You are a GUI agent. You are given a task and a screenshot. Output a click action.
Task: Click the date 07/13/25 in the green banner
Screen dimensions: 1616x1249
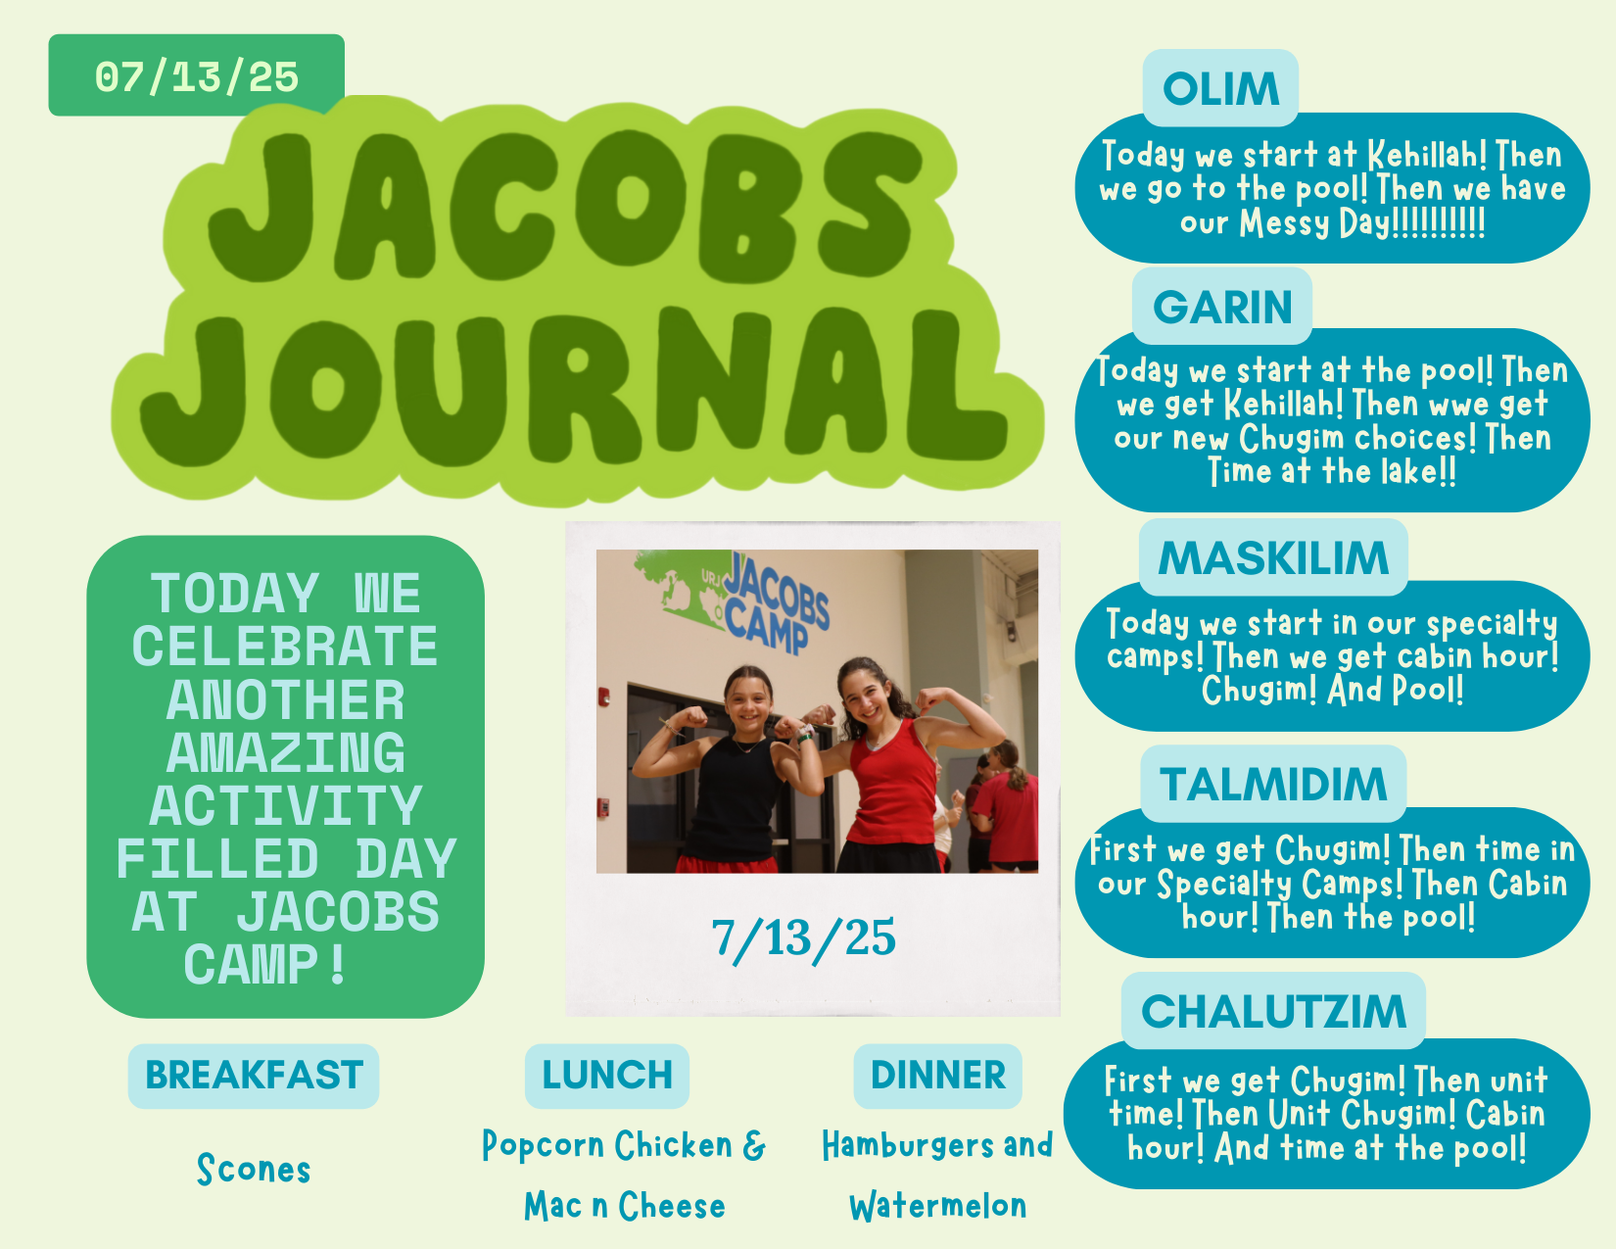196,77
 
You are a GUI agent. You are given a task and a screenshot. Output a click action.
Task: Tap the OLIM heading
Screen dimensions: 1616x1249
1220,89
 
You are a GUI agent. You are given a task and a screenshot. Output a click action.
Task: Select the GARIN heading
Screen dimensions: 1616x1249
1222,308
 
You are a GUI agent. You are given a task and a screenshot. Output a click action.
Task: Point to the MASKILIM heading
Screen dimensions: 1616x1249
1273,558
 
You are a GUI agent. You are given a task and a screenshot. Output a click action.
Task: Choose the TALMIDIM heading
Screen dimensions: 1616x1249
1273,784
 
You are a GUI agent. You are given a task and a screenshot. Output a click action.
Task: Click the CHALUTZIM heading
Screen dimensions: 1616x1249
1273,1012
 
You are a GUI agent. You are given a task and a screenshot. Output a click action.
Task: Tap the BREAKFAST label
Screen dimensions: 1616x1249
254,1075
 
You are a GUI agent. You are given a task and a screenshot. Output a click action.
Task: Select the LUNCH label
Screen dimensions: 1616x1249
607,1075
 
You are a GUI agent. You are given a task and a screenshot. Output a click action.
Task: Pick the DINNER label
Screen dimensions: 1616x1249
938,1075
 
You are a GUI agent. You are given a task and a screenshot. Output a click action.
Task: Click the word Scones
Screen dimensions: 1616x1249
254,1169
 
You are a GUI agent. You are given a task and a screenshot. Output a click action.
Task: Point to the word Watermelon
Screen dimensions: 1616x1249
938,1206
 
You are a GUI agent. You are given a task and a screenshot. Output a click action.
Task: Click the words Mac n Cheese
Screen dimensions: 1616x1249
625,1206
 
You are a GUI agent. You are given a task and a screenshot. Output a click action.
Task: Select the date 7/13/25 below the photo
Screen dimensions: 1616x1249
803,938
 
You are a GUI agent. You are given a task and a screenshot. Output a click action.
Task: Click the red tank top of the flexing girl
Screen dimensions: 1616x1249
891,789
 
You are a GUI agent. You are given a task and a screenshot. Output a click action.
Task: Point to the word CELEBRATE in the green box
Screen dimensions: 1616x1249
285,646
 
